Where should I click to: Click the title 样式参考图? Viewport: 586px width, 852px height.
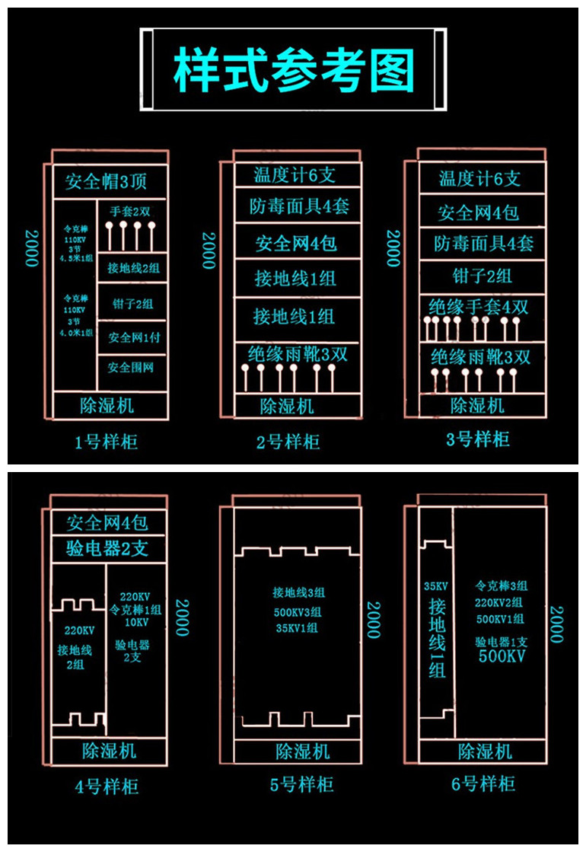point(293,70)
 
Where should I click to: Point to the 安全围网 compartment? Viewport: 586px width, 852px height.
point(131,368)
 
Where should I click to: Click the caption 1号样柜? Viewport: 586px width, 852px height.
point(106,442)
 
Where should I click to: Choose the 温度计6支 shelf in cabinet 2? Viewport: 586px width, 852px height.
point(294,175)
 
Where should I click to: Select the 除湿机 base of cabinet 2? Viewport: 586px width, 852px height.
point(287,406)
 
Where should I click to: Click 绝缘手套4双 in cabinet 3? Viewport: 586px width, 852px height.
point(478,308)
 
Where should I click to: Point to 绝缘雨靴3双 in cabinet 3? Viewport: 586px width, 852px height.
point(480,356)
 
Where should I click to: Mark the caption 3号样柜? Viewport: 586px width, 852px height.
point(478,439)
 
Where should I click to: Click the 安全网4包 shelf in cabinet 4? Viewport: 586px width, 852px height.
point(107,522)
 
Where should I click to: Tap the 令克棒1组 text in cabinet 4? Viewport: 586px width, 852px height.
point(135,609)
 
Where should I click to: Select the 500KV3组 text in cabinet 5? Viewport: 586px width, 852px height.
point(297,612)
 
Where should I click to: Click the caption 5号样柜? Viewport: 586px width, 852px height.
point(301,784)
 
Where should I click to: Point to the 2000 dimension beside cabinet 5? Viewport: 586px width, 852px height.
point(373,619)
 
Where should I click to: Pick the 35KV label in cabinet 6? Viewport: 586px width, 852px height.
point(435,586)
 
